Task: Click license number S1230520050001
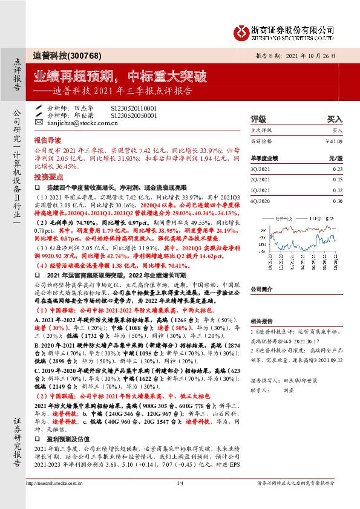tap(133, 114)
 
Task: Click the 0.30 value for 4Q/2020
tap(337, 200)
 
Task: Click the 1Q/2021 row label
tap(260, 190)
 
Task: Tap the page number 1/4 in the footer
tap(180, 499)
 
